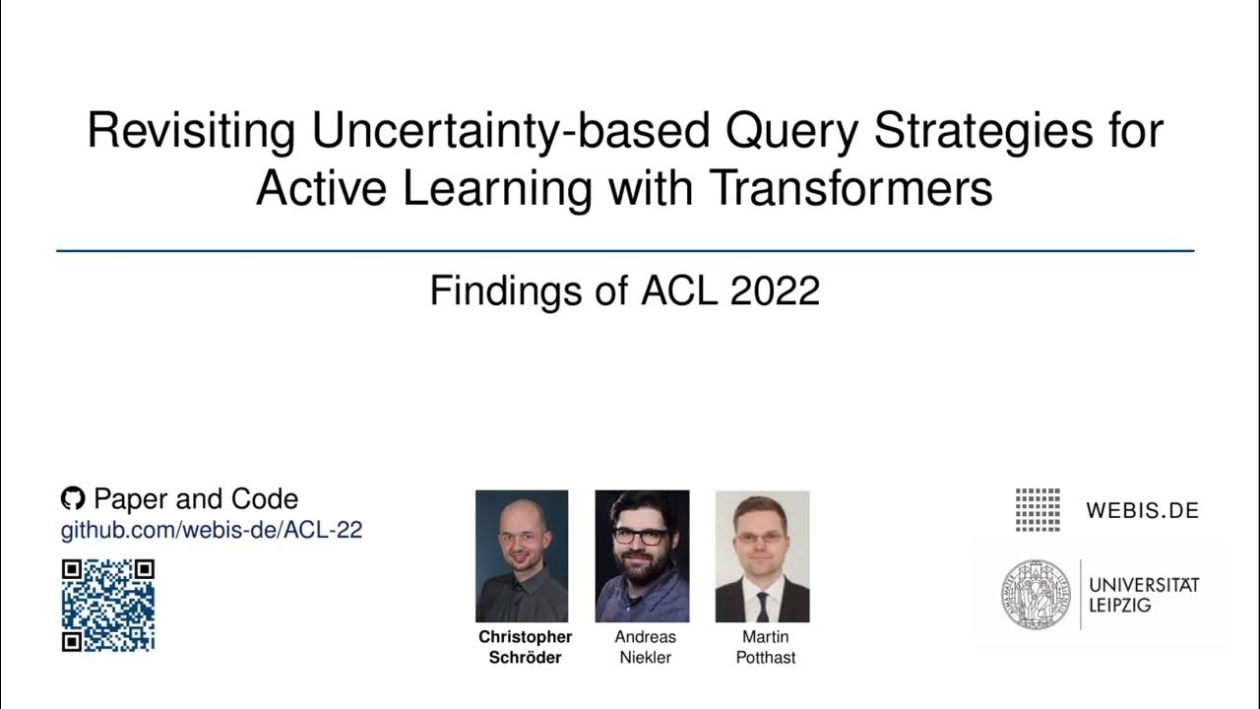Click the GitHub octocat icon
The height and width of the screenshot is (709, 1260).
(x=73, y=498)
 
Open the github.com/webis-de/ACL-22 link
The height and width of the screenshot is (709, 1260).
(x=212, y=530)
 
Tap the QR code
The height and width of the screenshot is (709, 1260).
(x=108, y=605)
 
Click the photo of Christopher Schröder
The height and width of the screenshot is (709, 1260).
(x=522, y=556)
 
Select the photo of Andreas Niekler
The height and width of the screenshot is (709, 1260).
(x=642, y=556)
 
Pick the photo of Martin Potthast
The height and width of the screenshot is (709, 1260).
(x=762, y=556)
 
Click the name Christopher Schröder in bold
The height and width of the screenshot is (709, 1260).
(x=525, y=647)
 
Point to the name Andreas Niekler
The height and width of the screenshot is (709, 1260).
(x=645, y=647)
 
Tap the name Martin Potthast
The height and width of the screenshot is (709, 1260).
(x=765, y=647)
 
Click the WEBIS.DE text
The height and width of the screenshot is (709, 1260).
(x=1142, y=510)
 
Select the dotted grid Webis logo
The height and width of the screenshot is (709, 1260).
(x=1038, y=509)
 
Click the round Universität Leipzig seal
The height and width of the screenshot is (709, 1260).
(x=1035, y=594)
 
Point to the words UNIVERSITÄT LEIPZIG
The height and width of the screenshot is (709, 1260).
(x=1143, y=594)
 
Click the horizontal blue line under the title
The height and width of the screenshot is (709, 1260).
(x=625, y=251)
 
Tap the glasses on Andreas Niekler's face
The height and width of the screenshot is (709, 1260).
(x=641, y=537)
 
